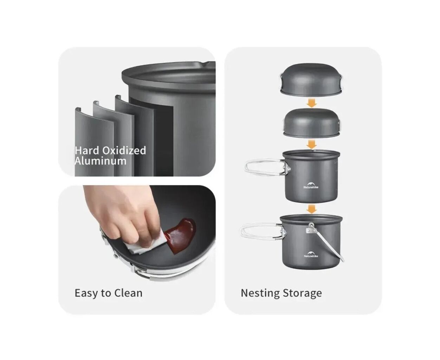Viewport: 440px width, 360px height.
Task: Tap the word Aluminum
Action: point(101,161)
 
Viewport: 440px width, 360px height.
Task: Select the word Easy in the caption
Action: point(86,293)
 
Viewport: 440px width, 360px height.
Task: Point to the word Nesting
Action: point(259,293)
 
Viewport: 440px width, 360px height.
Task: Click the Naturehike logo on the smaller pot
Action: point(311,185)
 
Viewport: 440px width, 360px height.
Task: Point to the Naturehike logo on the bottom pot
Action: point(311,254)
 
